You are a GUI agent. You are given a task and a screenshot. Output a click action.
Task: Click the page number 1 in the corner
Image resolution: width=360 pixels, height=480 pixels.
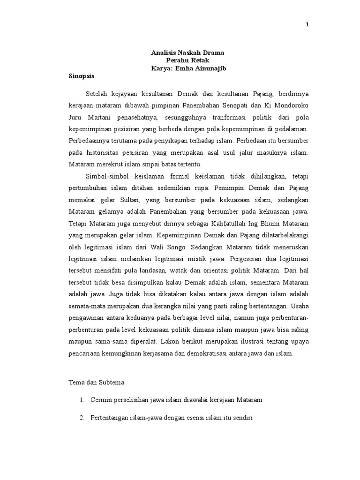coord(307,25)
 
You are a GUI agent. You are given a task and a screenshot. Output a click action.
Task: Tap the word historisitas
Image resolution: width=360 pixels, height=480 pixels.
coord(99,153)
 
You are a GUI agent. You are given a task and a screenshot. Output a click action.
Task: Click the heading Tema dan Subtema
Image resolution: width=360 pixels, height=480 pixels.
coord(94,382)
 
